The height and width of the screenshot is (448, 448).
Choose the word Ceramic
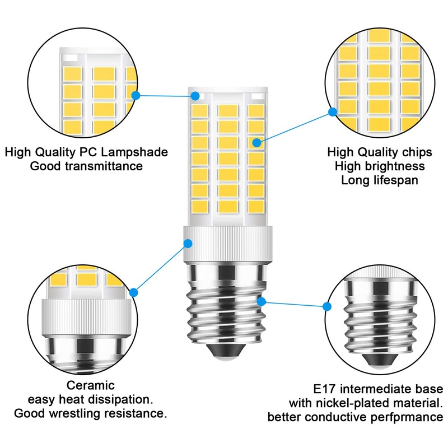coord(91,385)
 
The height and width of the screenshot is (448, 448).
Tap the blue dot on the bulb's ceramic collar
coord(188,244)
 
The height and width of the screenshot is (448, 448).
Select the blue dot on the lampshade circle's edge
coord(135,95)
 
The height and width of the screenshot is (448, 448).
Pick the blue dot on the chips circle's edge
coord(332,112)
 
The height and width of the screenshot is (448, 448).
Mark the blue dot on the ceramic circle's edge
coord(134,292)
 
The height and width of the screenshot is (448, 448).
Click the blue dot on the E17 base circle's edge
coord(328,306)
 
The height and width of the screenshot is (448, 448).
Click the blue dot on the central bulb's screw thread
coord(261,301)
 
